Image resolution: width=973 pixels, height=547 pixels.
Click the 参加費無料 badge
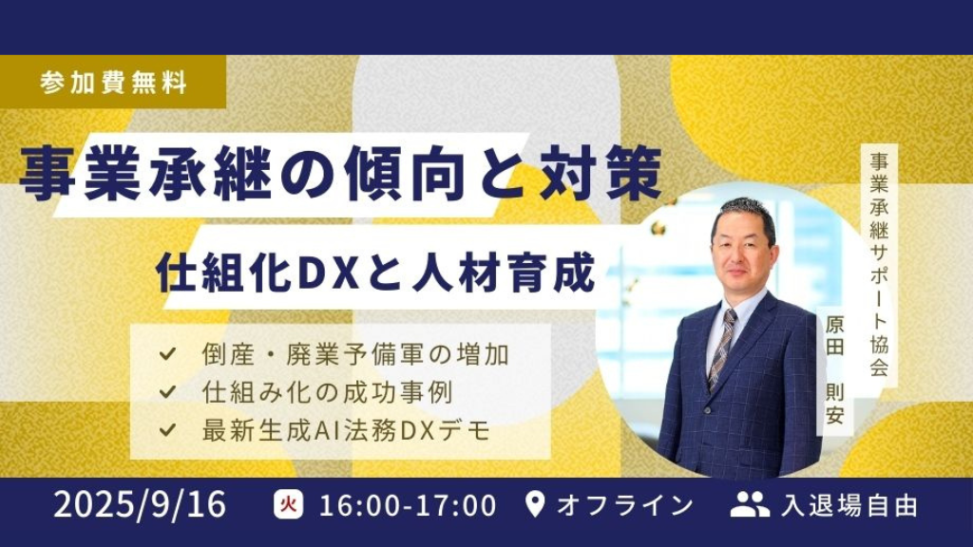point(113,82)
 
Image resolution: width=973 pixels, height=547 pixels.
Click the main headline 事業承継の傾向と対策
point(341,175)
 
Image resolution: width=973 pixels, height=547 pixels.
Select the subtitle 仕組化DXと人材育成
point(376,271)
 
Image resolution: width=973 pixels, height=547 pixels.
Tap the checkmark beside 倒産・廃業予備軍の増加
point(167,355)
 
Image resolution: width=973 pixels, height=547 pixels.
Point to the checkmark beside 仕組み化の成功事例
point(167,392)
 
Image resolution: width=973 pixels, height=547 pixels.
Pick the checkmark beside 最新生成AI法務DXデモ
point(167,430)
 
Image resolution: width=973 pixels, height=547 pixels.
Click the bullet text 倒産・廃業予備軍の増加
point(355,355)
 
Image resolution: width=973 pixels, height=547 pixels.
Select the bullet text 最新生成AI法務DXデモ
point(346,430)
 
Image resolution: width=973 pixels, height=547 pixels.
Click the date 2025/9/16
point(141,505)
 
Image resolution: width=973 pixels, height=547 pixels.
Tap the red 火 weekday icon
point(289,505)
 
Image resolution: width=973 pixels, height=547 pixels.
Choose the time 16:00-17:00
point(408,505)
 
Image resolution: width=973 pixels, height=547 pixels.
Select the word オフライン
point(625,505)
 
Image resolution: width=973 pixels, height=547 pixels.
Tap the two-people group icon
point(750,505)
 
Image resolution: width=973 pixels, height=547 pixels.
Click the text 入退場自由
point(849,505)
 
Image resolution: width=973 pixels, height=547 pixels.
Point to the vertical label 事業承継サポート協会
point(879,265)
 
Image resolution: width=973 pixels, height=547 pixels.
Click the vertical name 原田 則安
point(834,370)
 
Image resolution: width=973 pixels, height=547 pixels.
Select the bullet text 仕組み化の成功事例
point(327,392)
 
